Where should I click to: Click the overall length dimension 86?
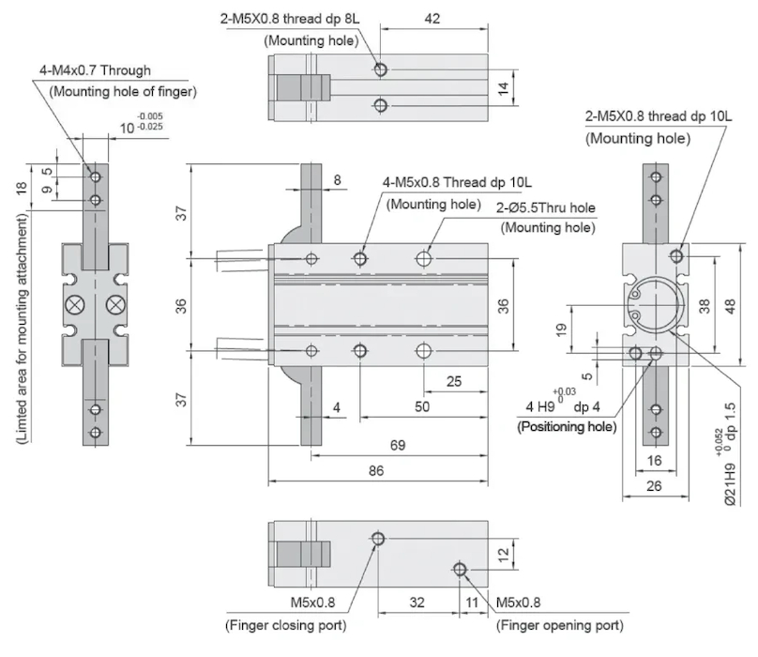click(376, 471)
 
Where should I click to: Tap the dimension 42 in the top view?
click(432, 18)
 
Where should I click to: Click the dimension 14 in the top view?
click(504, 87)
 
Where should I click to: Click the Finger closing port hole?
click(377, 539)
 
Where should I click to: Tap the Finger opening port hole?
click(460, 570)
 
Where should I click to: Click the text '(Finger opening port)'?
click(559, 625)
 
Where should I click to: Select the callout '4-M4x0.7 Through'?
click(95, 70)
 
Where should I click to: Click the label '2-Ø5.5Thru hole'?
click(546, 208)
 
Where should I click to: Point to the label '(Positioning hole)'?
click(567, 426)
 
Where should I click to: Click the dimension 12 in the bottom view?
click(504, 555)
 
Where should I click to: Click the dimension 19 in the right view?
click(560, 328)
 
